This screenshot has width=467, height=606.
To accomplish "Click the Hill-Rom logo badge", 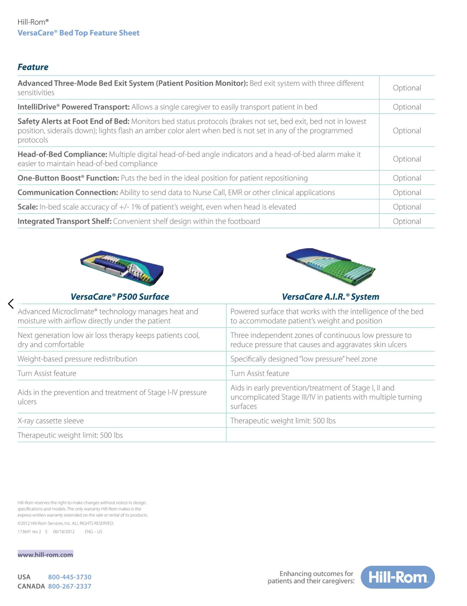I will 397,577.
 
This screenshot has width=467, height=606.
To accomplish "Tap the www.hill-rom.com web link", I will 45,554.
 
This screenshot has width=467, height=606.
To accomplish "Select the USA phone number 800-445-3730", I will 70,577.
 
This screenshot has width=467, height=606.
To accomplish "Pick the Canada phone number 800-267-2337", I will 70,586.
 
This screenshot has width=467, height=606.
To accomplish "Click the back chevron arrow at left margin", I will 11,304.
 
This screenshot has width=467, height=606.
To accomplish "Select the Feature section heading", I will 33,67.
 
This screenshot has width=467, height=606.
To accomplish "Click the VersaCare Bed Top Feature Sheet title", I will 78,33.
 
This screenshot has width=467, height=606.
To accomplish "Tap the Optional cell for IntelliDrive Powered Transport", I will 407,107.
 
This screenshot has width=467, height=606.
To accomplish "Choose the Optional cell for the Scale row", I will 407,207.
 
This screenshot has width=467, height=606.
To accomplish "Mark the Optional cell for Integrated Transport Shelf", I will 407,221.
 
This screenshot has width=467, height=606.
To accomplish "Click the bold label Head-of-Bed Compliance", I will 62,154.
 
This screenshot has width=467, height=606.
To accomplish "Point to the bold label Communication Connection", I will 68,192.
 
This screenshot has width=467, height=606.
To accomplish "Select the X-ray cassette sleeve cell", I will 51,421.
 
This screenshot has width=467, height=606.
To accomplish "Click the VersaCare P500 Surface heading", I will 120,297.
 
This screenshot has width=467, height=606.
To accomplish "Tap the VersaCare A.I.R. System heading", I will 330,297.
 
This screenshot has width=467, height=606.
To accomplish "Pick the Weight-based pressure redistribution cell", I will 77,359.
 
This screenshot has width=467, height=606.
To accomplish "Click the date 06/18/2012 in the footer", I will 64,532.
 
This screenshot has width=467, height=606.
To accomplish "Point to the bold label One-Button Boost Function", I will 68,178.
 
